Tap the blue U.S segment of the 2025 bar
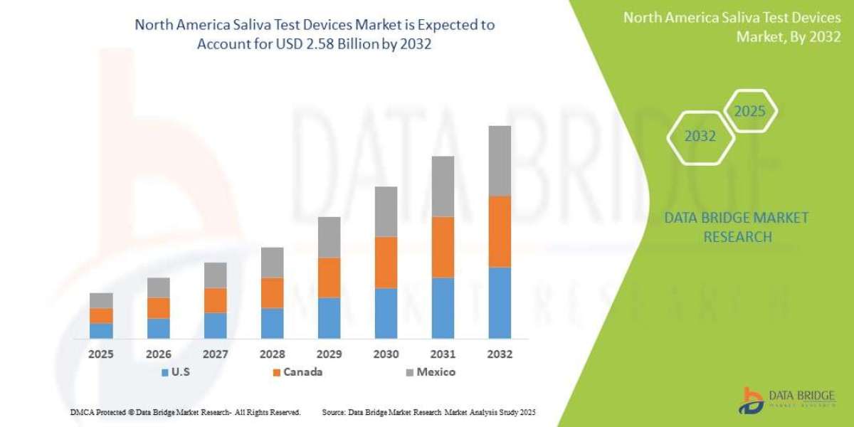coord(101,330)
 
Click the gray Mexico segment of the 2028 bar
coord(272,262)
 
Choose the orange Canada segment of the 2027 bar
coord(215,300)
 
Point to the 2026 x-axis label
coord(158,354)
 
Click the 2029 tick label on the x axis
coord(329,354)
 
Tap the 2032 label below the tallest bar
coord(500,354)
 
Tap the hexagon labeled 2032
coord(700,136)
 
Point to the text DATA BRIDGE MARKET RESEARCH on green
coord(737,227)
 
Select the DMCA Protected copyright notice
coord(185,412)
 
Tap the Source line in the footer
coord(428,412)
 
